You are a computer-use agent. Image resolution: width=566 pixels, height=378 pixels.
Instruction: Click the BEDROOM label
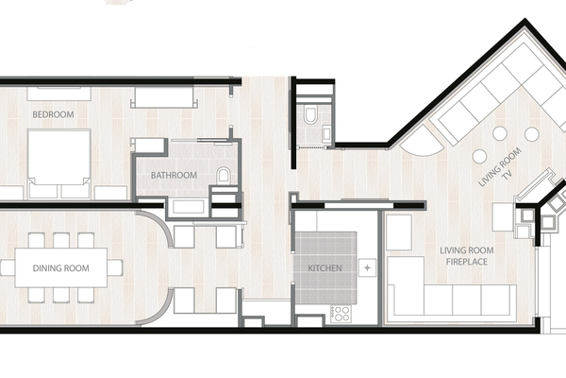point(53,114)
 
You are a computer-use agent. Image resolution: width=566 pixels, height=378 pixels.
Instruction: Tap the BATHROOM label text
point(174,176)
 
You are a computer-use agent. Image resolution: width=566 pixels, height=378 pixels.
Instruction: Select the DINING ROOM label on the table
point(61,268)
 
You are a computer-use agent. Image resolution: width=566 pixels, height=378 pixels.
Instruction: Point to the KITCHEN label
point(325,268)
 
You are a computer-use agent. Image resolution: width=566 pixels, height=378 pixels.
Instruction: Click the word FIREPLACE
point(467,262)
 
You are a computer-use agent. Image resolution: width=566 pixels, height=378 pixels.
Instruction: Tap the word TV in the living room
point(508,175)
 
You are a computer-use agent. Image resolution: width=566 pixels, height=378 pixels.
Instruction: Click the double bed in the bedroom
point(59,163)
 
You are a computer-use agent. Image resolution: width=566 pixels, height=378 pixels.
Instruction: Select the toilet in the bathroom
point(224,175)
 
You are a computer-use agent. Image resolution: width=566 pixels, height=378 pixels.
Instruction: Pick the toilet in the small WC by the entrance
point(310,114)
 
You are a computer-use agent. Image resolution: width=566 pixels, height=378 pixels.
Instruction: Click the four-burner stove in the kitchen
point(341,314)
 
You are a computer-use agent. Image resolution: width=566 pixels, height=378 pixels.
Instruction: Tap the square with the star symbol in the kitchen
point(367,268)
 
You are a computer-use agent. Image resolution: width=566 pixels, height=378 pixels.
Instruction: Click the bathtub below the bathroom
point(188,207)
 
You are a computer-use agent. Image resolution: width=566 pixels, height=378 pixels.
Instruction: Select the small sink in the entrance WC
point(326,133)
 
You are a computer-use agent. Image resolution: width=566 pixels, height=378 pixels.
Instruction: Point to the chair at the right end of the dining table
point(115,267)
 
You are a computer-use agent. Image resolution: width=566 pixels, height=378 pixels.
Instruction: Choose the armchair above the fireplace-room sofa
point(399,232)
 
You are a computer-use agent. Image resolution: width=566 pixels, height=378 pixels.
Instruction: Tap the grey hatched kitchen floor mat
point(325,268)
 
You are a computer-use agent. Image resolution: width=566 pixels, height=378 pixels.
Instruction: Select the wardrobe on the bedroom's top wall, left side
point(58,94)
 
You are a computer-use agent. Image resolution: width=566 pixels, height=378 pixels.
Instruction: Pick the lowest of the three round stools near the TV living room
point(479,156)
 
